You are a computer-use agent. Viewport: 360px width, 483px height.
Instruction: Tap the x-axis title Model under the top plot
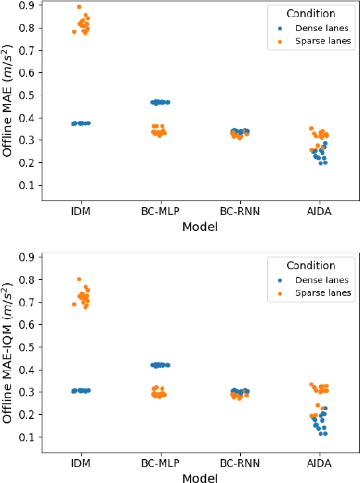pos(199,227)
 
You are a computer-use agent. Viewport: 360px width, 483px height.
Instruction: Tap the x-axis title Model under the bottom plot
pos(199,478)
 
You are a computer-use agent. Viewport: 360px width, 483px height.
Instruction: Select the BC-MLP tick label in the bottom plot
pos(159,464)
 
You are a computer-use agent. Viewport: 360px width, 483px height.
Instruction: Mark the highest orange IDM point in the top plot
pos(79,7)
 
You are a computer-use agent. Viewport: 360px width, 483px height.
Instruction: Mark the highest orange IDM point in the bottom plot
pos(79,279)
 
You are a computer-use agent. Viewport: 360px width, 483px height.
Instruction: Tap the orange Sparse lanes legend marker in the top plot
pos(280,42)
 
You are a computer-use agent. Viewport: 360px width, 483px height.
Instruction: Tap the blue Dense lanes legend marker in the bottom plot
pos(280,280)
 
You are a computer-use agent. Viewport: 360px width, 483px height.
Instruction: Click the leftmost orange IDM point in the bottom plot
pos(73,304)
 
